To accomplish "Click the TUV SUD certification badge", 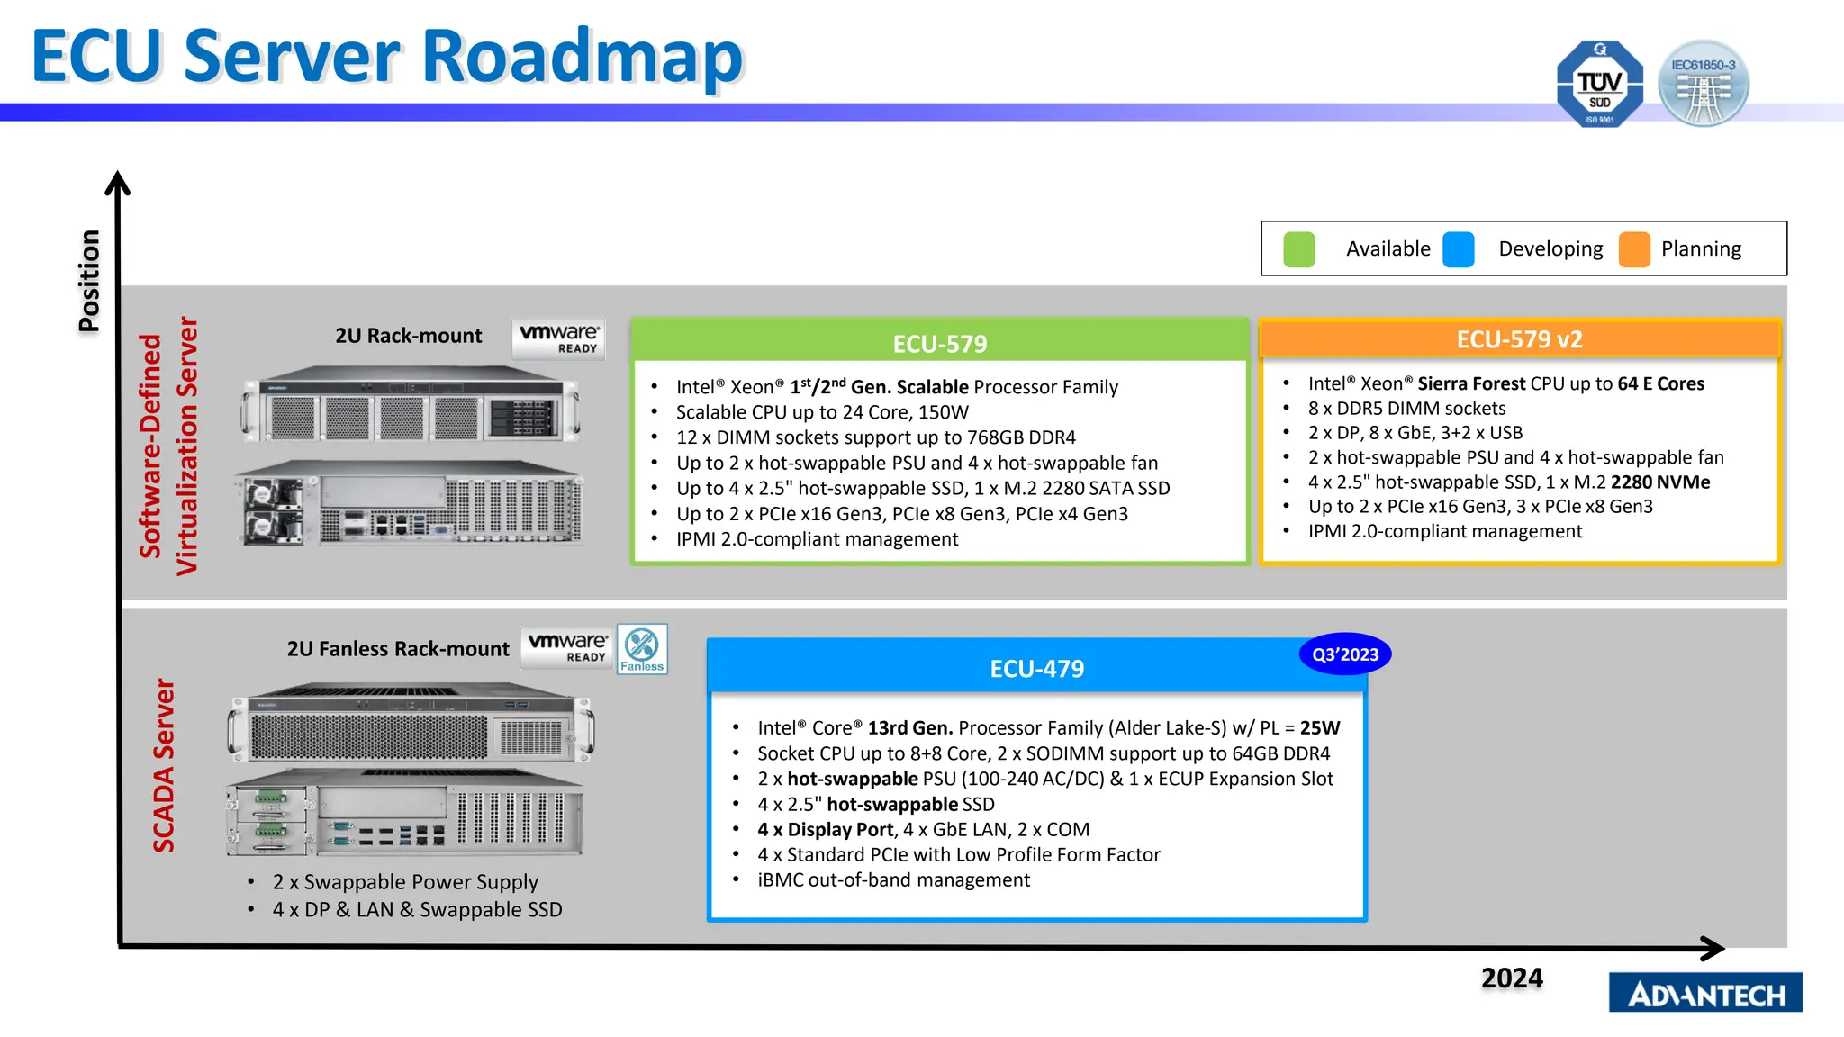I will [1599, 84].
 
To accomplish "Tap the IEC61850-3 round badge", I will [1703, 84].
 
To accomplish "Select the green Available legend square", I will [1298, 249].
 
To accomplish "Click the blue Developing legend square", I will [1458, 249].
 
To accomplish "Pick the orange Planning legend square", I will [1633, 249].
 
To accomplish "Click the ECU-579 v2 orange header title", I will [1519, 339].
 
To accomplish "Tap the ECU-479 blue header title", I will [1036, 669].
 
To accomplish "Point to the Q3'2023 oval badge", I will [1344, 654].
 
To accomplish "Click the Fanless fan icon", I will [642, 648].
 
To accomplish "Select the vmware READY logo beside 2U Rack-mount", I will [558, 338].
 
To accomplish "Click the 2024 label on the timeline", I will [1512, 978].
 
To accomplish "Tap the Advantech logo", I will [1705, 994].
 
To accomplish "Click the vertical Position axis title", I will [89, 281].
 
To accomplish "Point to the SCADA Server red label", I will [164, 765].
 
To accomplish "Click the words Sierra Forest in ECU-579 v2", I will [1471, 383].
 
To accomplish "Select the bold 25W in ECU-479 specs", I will [1319, 727].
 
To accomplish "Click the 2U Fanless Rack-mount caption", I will [398, 649].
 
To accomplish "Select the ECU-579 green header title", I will [939, 344].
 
